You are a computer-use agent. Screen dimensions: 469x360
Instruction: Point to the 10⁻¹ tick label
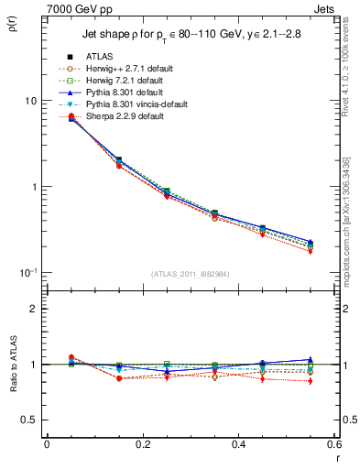tap(29, 272)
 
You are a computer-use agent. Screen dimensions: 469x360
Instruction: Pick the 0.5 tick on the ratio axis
tap(30, 420)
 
